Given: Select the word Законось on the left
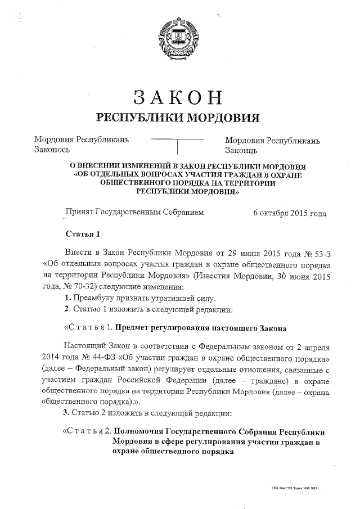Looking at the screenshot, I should [x=52, y=150].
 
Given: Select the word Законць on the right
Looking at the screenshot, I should [x=241, y=150].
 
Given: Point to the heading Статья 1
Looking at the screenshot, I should [x=83, y=235].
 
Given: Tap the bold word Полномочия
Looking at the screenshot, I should [x=141, y=431].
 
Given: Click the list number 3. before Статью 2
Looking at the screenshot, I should [x=66, y=414].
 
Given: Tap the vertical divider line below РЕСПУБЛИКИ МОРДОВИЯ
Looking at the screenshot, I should [x=178, y=146].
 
